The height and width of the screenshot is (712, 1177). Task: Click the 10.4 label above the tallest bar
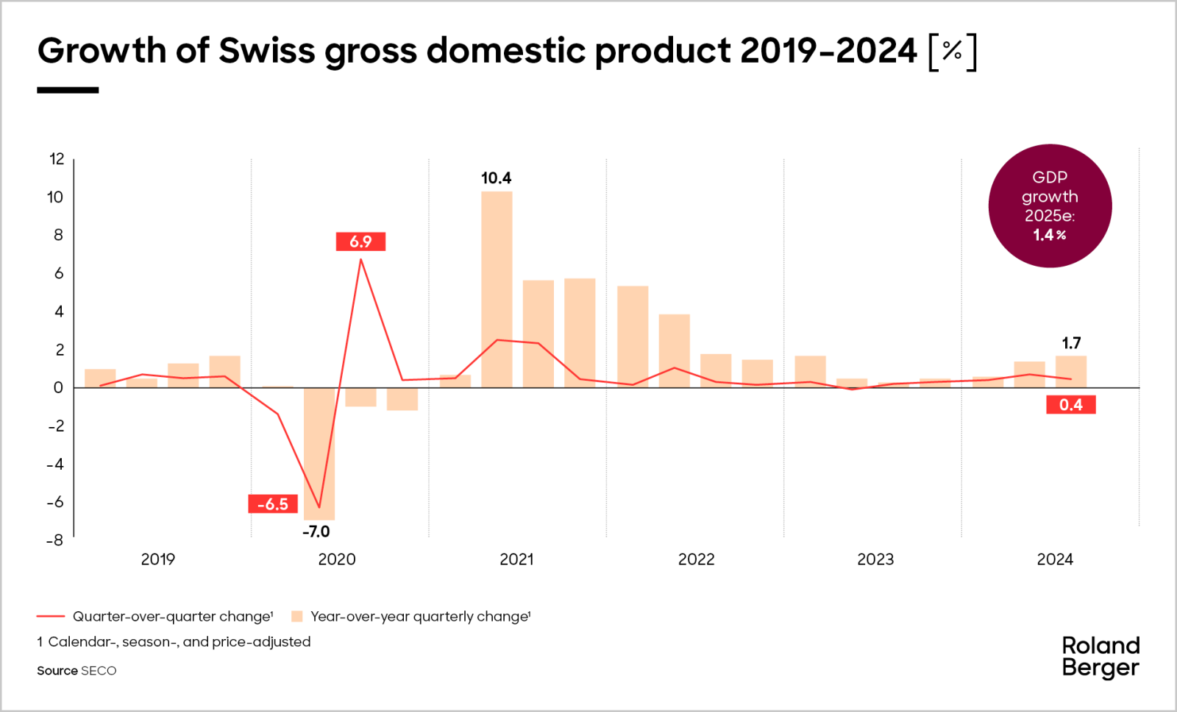coord(496,178)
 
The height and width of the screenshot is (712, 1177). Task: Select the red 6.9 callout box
coord(360,242)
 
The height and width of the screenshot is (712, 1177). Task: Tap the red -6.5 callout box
coord(273,504)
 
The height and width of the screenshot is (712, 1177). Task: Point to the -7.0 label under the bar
coord(316,532)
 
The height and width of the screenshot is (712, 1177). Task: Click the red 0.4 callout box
coord(1071,404)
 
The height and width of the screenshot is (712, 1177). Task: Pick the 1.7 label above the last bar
coord(1071,343)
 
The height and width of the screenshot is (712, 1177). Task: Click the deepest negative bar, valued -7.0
coord(319,453)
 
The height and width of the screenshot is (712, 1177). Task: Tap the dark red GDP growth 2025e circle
coord(1050,206)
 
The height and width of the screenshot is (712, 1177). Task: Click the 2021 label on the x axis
coord(516,560)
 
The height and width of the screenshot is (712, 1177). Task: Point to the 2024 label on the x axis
coord(1055,560)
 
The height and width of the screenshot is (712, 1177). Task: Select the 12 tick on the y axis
coord(57,159)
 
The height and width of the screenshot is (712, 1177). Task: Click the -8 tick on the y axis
coord(55,540)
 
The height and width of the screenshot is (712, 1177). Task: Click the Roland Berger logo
coord(1100,656)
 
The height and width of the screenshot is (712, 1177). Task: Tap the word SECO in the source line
coord(99,671)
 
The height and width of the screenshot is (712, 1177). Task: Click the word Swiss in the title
coord(266,51)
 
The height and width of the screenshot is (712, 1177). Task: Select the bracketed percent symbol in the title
coord(953,51)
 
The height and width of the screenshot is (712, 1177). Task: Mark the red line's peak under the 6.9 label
coord(360,259)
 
